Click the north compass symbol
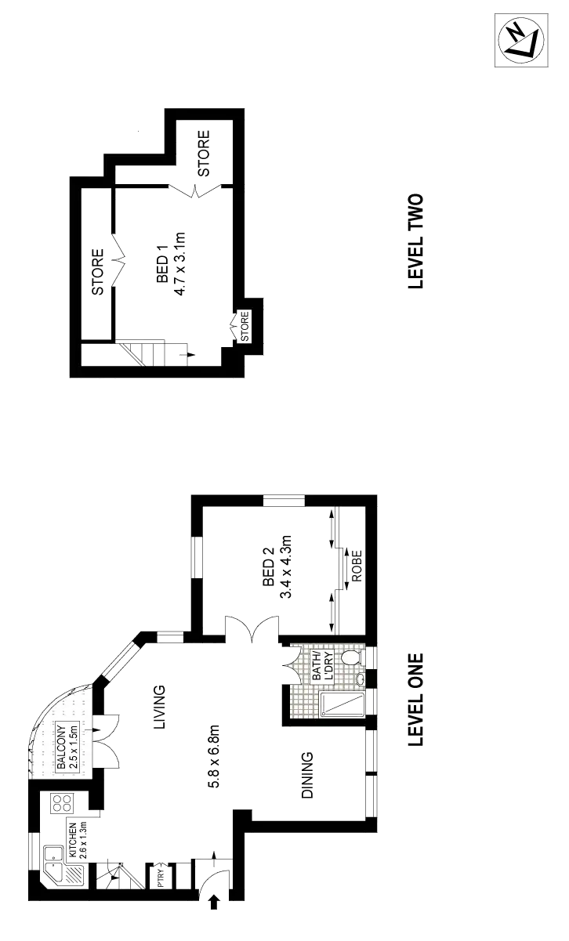tap(520, 40)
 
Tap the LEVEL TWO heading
tap(416, 240)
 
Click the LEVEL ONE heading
tap(416, 699)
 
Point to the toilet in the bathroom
tap(352, 657)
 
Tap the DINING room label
tap(308, 776)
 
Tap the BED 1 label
tap(162, 268)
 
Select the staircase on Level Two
tap(157, 354)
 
